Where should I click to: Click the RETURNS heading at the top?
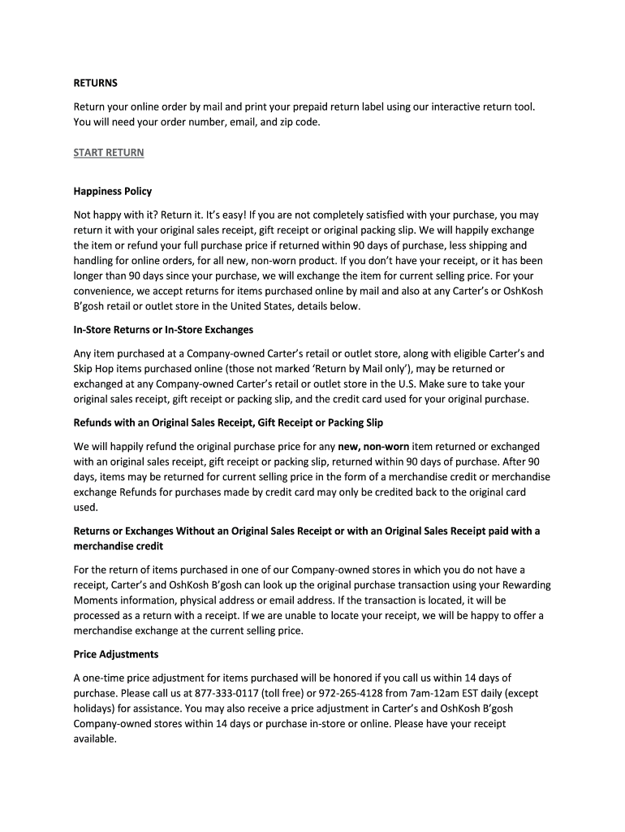(x=96, y=83)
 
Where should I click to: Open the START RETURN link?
(x=109, y=152)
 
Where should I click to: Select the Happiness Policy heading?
(x=113, y=192)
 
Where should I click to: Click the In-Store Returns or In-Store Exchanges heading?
(x=163, y=330)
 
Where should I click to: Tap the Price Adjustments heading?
(x=116, y=653)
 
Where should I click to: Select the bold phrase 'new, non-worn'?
(x=373, y=446)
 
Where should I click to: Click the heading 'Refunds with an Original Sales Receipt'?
(x=228, y=422)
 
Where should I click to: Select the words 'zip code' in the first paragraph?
(x=300, y=122)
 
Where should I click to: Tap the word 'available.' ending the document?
(x=96, y=739)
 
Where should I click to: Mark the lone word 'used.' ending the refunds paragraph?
(x=85, y=507)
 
